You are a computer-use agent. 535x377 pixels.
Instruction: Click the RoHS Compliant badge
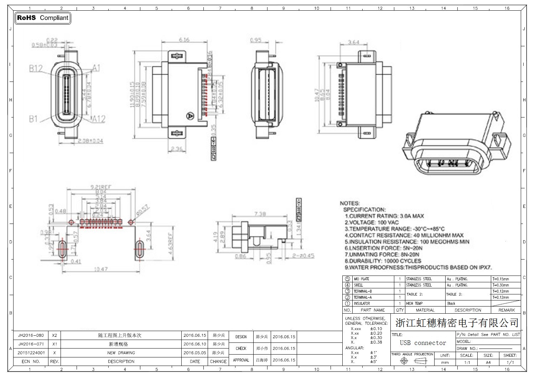(42, 18)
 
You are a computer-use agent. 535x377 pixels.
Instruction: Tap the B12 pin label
(36, 68)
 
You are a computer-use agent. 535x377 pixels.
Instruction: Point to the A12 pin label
(99, 119)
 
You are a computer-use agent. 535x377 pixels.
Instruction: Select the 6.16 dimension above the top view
(184, 40)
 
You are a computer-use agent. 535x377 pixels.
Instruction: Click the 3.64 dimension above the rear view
(353, 42)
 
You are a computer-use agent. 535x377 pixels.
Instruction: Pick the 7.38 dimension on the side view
(260, 214)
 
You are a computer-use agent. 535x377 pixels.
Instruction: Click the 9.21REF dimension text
(101, 187)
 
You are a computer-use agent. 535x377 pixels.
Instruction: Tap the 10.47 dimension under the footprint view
(101, 269)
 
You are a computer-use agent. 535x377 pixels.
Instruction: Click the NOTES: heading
(350, 203)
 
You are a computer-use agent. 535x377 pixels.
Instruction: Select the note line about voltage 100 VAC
(372, 222)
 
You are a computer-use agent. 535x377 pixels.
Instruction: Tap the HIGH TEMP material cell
(414, 304)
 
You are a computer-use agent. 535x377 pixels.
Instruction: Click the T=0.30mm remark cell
(500, 285)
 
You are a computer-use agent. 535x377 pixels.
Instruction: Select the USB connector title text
(423, 343)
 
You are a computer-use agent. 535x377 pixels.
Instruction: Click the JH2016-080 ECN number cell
(31, 335)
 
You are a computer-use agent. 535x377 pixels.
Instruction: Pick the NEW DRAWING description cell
(121, 353)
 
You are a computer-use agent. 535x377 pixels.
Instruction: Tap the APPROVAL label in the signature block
(241, 360)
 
